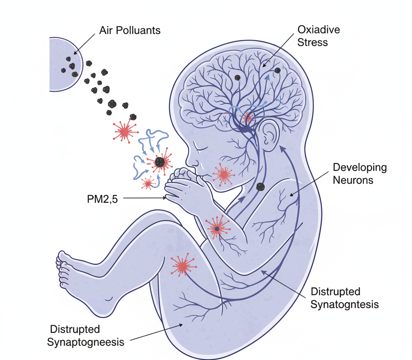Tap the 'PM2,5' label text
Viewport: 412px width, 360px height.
tap(102, 199)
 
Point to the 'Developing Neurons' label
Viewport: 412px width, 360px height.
tap(360, 173)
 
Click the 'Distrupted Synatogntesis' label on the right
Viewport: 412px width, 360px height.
tap(345, 298)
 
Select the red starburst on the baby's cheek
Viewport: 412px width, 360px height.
tap(222, 175)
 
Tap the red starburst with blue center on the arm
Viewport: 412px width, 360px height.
tap(217, 228)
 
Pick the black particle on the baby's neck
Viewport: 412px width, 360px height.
tap(260, 186)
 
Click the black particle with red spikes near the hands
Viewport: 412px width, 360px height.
tap(160, 162)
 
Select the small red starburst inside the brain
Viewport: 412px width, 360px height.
tap(248, 118)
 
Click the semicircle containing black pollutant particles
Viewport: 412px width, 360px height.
tap(64, 64)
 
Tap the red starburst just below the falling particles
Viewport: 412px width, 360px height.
tap(125, 131)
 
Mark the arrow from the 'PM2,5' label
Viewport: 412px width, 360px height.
tap(145, 198)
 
